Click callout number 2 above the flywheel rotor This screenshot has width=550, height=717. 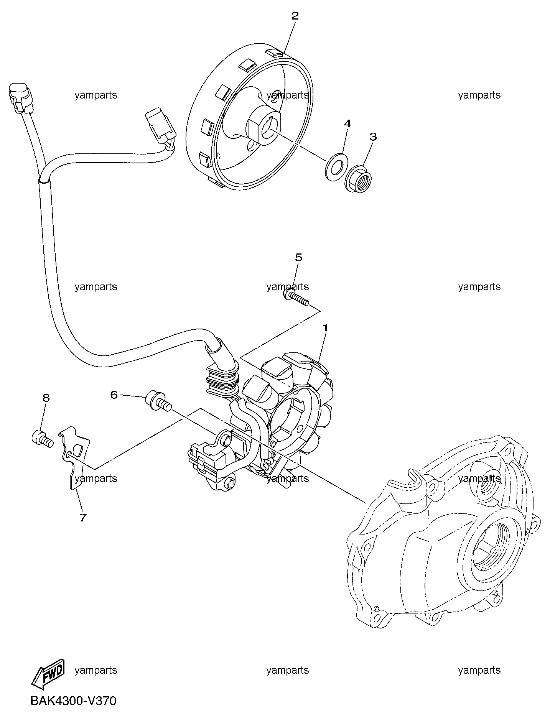point(295,16)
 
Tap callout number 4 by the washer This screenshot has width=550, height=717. point(347,123)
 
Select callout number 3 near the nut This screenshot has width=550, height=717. point(373,137)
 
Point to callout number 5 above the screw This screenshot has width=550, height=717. point(298,257)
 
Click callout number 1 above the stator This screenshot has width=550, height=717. point(325,328)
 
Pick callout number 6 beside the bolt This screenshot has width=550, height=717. point(114,395)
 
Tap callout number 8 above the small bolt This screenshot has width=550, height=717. point(46,398)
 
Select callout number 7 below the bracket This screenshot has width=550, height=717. point(83,517)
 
